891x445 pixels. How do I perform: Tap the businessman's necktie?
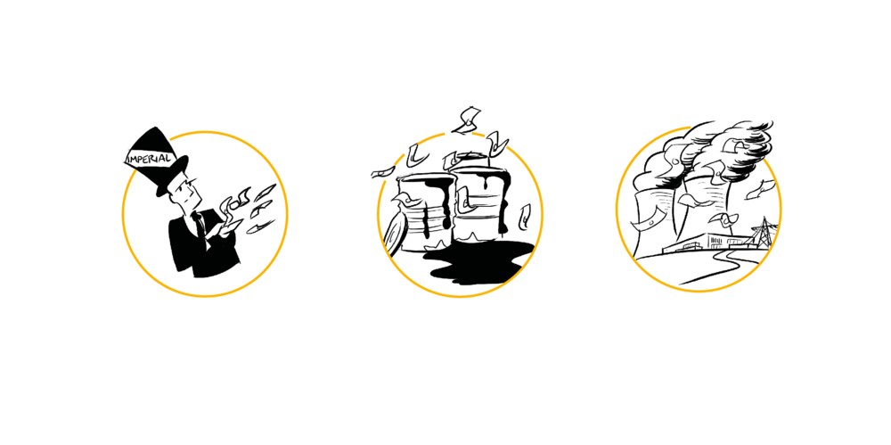pos(200,226)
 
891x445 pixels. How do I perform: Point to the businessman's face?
pos(186,193)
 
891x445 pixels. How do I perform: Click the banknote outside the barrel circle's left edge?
pos(383,171)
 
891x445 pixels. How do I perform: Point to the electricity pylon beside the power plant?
pos(763,232)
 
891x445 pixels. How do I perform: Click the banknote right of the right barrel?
pos(525,216)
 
